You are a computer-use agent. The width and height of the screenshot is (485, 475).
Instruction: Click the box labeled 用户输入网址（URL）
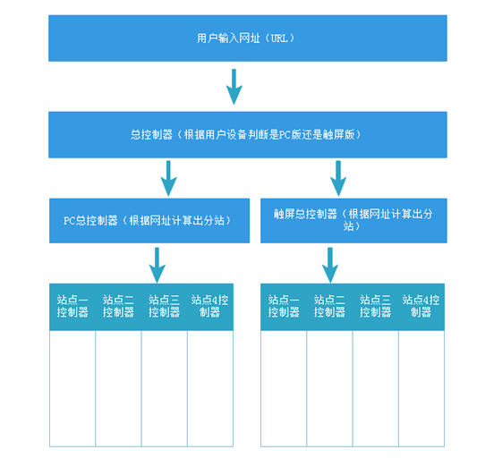(x=248, y=38)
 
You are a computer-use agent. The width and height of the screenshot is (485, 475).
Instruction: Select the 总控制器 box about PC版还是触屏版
(x=248, y=135)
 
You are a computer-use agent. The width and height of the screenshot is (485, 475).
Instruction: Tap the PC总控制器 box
(x=149, y=220)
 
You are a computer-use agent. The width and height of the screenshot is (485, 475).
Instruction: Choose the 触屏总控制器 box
(x=353, y=220)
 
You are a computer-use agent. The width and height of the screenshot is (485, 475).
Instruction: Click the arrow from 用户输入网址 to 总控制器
(x=234, y=87)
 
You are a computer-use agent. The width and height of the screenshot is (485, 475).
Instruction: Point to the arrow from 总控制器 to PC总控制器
(x=168, y=178)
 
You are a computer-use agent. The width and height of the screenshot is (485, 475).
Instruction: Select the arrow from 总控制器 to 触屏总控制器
(x=338, y=178)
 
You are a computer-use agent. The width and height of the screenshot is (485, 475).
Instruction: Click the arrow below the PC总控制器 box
(x=157, y=266)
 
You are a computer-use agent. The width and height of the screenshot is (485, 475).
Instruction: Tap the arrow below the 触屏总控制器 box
(x=330, y=266)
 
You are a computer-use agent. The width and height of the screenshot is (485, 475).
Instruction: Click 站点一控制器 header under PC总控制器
(x=72, y=307)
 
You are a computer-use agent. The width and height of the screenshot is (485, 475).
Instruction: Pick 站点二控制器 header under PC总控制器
(x=118, y=307)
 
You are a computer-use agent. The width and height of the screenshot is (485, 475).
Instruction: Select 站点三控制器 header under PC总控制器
(x=165, y=307)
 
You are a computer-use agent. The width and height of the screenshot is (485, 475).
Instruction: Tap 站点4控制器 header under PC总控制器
(x=210, y=307)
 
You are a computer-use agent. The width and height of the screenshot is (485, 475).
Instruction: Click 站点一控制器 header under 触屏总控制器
(x=284, y=307)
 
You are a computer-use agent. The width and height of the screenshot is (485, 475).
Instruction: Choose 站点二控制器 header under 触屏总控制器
(x=329, y=307)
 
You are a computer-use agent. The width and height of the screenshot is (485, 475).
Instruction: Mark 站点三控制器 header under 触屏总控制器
(x=376, y=307)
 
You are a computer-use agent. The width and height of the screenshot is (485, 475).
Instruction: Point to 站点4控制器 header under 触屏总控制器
(x=421, y=307)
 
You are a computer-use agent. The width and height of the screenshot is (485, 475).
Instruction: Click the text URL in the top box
(x=279, y=38)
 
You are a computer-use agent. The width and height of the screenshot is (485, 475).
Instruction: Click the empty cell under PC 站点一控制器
(x=72, y=389)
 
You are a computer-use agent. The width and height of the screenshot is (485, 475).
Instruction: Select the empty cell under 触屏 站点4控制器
(x=421, y=389)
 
